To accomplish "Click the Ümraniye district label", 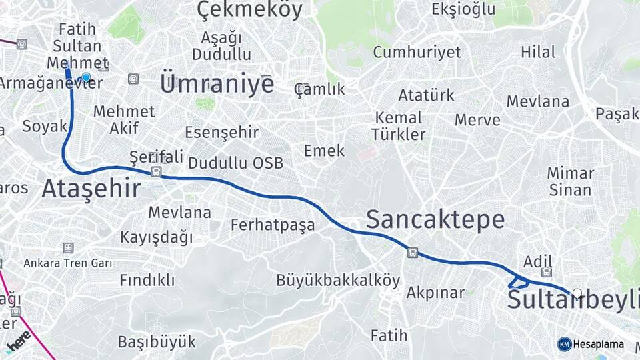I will click(217, 85).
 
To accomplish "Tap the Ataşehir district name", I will click(91, 189).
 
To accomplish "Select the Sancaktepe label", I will click(435, 219).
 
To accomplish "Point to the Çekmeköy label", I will click(250, 10).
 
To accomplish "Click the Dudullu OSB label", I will click(235, 163).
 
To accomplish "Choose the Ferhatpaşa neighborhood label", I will click(273, 225).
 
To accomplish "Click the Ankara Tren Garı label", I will click(68, 263).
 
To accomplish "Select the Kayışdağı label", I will click(156, 237).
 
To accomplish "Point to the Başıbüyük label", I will click(157, 342).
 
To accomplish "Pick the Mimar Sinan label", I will click(570, 181).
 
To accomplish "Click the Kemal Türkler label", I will click(398, 126).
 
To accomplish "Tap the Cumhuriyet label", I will click(417, 53).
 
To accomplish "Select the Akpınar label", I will click(435, 293).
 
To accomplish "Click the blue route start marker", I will click(86, 77).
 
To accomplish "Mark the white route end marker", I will click(577, 293).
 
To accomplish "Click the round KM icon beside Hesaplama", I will click(564, 344).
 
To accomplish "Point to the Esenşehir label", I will click(221, 132).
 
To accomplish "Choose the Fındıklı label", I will click(147, 280).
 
